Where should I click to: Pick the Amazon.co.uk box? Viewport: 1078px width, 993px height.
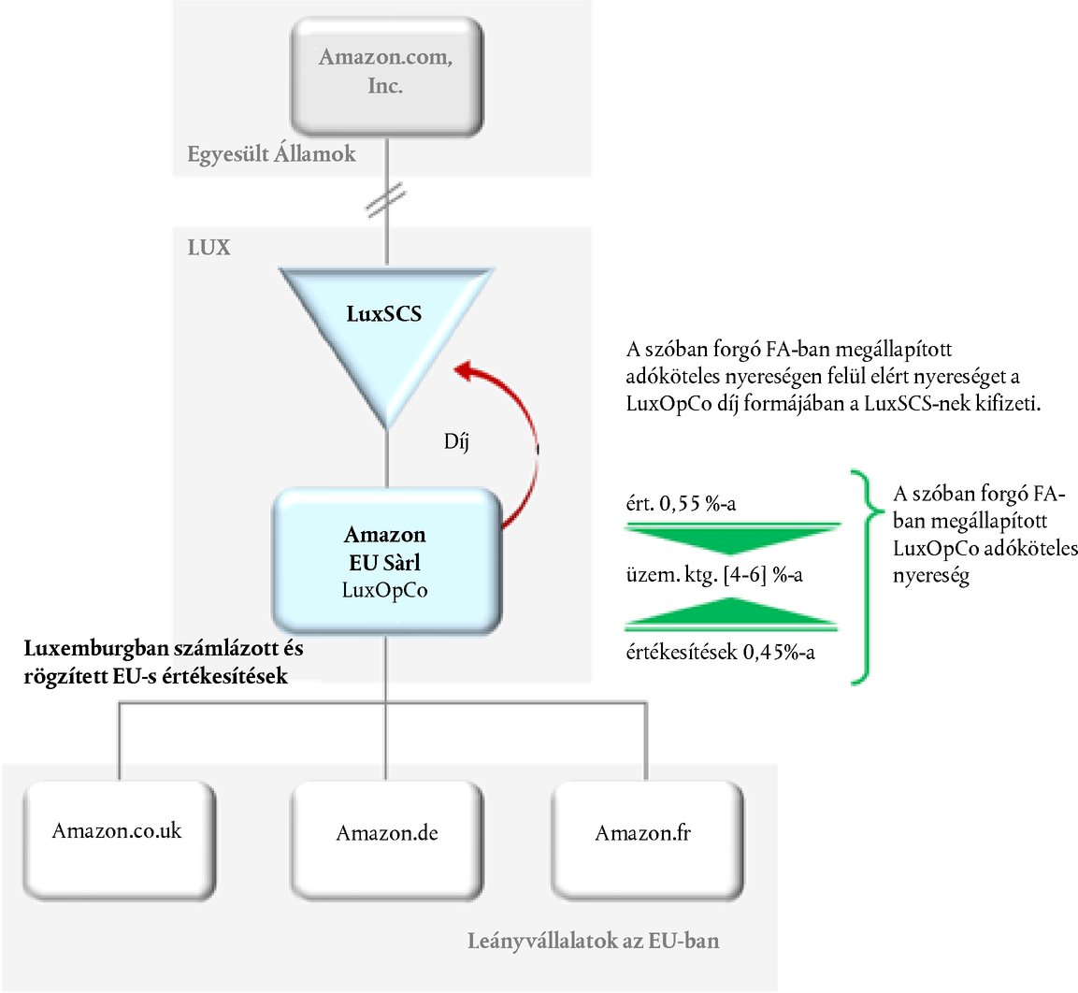117,830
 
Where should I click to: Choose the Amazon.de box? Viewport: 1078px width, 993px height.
387,832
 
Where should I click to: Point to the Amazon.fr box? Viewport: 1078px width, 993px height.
644,832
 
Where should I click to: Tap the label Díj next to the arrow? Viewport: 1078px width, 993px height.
456,440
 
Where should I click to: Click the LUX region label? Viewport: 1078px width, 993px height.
208,249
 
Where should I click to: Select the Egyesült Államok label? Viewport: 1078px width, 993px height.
271,154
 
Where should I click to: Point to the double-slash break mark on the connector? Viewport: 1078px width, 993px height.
386,201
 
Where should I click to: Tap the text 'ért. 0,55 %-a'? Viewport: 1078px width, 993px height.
681,505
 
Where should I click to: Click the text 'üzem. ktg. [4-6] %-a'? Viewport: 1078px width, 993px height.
714,575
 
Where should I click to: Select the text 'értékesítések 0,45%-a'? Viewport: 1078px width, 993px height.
720,653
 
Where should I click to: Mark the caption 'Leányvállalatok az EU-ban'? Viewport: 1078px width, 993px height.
594,941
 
